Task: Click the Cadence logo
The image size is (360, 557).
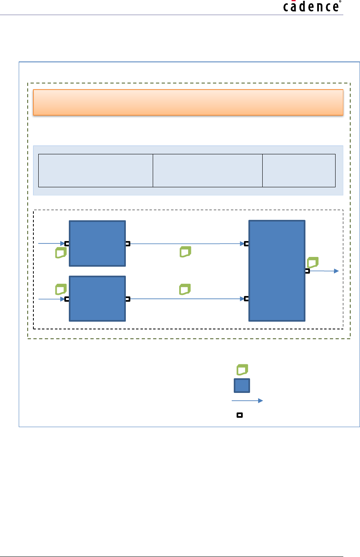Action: tap(312, 7)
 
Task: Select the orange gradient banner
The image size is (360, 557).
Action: tap(188, 102)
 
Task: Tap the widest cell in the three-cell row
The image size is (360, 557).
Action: tap(95, 171)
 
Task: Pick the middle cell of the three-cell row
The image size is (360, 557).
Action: tap(208, 171)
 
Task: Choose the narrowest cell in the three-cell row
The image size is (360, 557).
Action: tap(299, 171)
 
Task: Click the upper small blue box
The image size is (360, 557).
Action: tap(97, 243)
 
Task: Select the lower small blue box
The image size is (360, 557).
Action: tap(97, 298)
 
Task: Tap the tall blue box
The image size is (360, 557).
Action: tap(277, 271)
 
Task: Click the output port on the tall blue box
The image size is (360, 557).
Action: tap(307, 271)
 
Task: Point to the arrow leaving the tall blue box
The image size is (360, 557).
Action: tap(324, 271)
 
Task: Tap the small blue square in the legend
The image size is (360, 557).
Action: tap(241, 385)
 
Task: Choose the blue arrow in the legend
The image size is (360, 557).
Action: tap(247, 401)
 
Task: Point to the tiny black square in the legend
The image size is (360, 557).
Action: tap(240, 415)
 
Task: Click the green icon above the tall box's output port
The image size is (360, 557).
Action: tap(313, 262)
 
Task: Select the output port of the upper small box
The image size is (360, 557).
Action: tap(127, 244)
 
